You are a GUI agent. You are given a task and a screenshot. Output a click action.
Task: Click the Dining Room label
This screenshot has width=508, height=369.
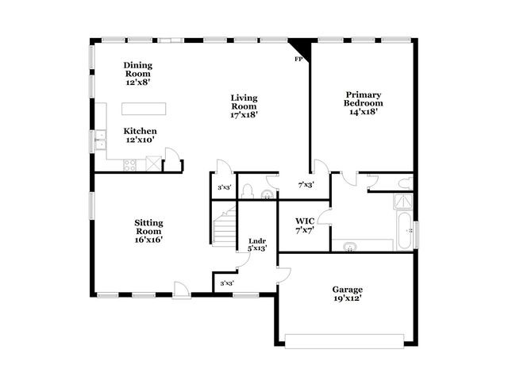pyautogui.click(x=138, y=72)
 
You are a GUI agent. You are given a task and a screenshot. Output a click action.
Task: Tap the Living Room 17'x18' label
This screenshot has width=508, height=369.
pyautogui.click(x=244, y=106)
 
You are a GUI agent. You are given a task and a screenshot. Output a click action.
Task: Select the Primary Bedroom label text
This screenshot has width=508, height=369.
pyautogui.click(x=363, y=103)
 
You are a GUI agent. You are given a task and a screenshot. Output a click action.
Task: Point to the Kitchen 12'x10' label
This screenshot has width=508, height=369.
pyautogui.click(x=140, y=135)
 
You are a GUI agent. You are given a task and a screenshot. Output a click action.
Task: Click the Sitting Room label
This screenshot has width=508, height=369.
pyautogui.click(x=148, y=231)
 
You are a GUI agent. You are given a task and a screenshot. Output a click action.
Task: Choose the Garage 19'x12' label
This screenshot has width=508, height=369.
pyautogui.click(x=347, y=294)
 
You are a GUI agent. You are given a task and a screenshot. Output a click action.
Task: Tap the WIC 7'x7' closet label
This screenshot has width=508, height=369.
pyautogui.click(x=306, y=225)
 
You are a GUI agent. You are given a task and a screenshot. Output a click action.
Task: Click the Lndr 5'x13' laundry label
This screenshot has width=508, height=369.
pyautogui.click(x=257, y=244)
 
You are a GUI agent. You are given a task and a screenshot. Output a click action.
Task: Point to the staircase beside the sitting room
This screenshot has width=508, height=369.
pyautogui.click(x=225, y=225)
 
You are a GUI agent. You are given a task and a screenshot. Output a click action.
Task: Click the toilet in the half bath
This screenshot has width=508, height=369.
pyautogui.click(x=247, y=191)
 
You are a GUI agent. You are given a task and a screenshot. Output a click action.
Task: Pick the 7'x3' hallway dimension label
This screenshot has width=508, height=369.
pyautogui.click(x=306, y=184)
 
